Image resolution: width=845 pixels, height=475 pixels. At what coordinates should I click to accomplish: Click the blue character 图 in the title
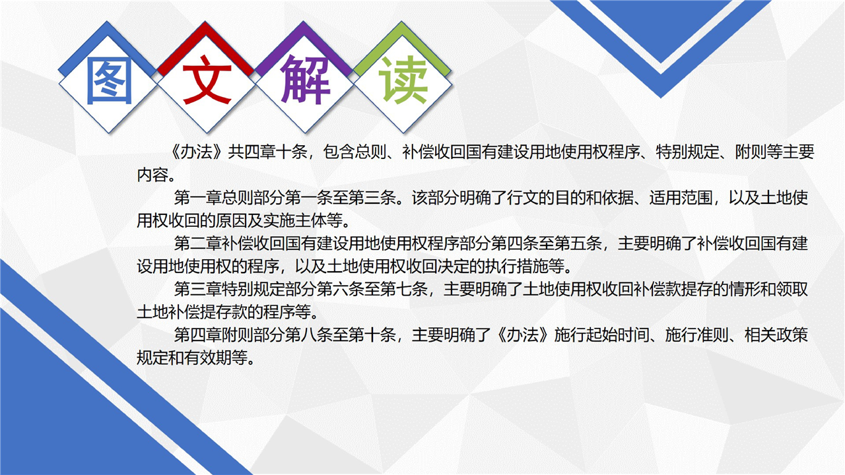tap(110, 80)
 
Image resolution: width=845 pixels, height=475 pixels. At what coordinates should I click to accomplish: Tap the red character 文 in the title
tap(207, 80)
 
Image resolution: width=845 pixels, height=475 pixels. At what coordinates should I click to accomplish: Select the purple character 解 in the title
tap(305, 80)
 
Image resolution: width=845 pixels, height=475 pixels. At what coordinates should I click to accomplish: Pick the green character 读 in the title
tap(403, 80)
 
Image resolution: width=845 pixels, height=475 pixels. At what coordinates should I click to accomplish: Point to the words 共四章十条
tap(267, 152)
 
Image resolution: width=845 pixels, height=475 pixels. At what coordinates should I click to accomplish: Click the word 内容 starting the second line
tap(152, 175)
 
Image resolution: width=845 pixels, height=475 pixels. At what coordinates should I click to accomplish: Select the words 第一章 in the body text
tap(197, 198)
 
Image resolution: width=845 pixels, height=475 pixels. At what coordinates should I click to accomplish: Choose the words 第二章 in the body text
tap(197, 243)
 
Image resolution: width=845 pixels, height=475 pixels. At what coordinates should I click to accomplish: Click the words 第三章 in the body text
tap(197, 290)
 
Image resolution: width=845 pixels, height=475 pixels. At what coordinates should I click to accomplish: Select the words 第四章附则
tap(213, 335)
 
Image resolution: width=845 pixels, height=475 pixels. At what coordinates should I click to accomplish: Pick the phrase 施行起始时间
tap(601, 335)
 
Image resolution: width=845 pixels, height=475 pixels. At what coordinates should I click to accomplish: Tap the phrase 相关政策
tap(776, 335)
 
